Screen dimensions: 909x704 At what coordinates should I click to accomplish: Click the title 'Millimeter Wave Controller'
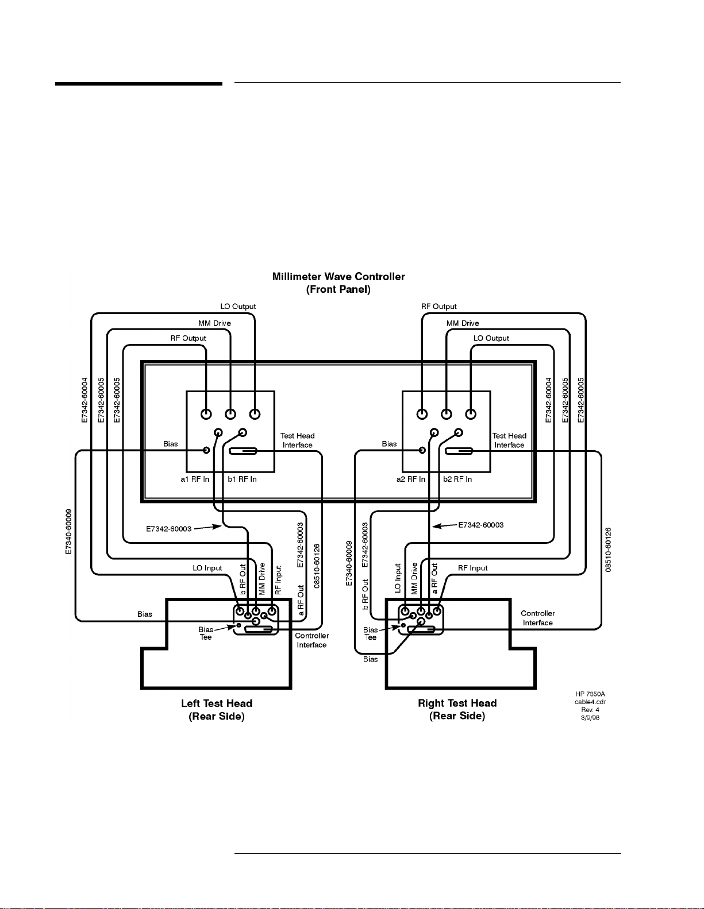338,277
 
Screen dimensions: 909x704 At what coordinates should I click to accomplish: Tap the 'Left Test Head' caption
217,703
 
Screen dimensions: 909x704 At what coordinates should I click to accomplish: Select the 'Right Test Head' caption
457,703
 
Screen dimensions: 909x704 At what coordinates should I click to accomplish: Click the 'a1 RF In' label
195,479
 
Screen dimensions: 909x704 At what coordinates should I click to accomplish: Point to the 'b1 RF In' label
242,479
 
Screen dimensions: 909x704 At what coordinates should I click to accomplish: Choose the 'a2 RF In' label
411,479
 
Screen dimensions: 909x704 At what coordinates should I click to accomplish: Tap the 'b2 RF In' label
457,479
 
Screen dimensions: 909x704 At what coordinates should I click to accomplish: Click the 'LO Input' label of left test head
207,568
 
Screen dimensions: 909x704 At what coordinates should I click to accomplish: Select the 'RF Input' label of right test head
472,568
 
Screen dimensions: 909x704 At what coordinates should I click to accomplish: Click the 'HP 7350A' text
590,694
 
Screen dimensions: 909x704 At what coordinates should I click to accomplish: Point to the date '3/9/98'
590,718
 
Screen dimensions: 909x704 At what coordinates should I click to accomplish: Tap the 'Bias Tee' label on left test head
206,633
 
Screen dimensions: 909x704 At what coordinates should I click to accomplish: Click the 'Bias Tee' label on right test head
371,633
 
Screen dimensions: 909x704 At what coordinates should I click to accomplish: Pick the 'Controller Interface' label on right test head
537,618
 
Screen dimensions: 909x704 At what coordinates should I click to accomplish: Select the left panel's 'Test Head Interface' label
298,440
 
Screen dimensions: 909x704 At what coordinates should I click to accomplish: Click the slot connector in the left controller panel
243,451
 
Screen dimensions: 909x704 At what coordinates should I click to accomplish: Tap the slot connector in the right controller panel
459,451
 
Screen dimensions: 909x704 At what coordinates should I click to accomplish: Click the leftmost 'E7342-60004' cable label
85,400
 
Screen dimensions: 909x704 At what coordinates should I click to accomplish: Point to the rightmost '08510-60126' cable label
609,550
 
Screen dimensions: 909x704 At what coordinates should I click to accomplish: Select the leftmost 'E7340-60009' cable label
69,531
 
